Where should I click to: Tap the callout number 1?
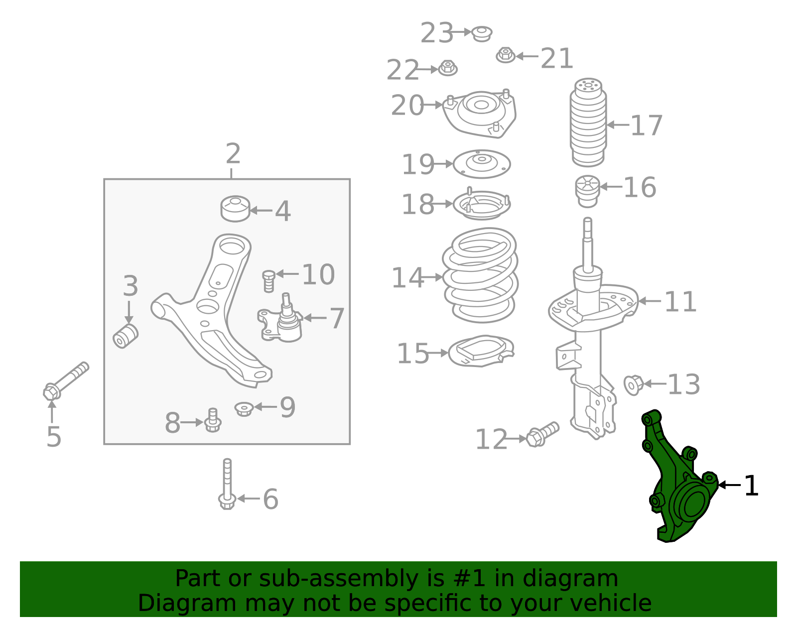[x=751, y=486]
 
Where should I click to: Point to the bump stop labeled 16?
[x=587, y=191]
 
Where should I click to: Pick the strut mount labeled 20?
[x=480, y=114]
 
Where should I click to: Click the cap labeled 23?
[x=482, y=33]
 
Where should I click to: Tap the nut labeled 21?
[x=506, y=55]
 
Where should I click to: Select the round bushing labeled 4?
[x=235, y=209]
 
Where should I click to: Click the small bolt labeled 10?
[x=268, y=280]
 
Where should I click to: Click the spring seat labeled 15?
[x=481, y=351]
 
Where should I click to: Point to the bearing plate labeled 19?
[x=482, y=164]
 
